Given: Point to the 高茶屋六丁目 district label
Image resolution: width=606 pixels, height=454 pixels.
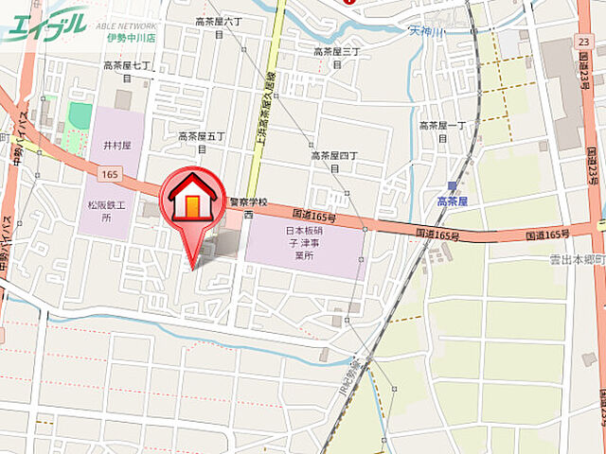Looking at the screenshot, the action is (219, 26).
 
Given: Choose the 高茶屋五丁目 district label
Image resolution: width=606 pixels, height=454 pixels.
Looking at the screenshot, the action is (202, 142).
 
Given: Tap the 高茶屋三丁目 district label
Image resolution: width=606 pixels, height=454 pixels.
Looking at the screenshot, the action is (338, 58).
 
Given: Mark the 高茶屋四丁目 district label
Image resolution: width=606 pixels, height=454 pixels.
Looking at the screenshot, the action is (334, 161).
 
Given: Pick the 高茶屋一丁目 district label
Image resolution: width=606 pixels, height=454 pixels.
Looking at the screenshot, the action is (443, 131).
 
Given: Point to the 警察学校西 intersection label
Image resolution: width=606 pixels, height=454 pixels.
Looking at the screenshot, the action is (248, 207).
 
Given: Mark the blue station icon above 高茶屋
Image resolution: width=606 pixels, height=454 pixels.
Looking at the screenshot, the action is (454, 186).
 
